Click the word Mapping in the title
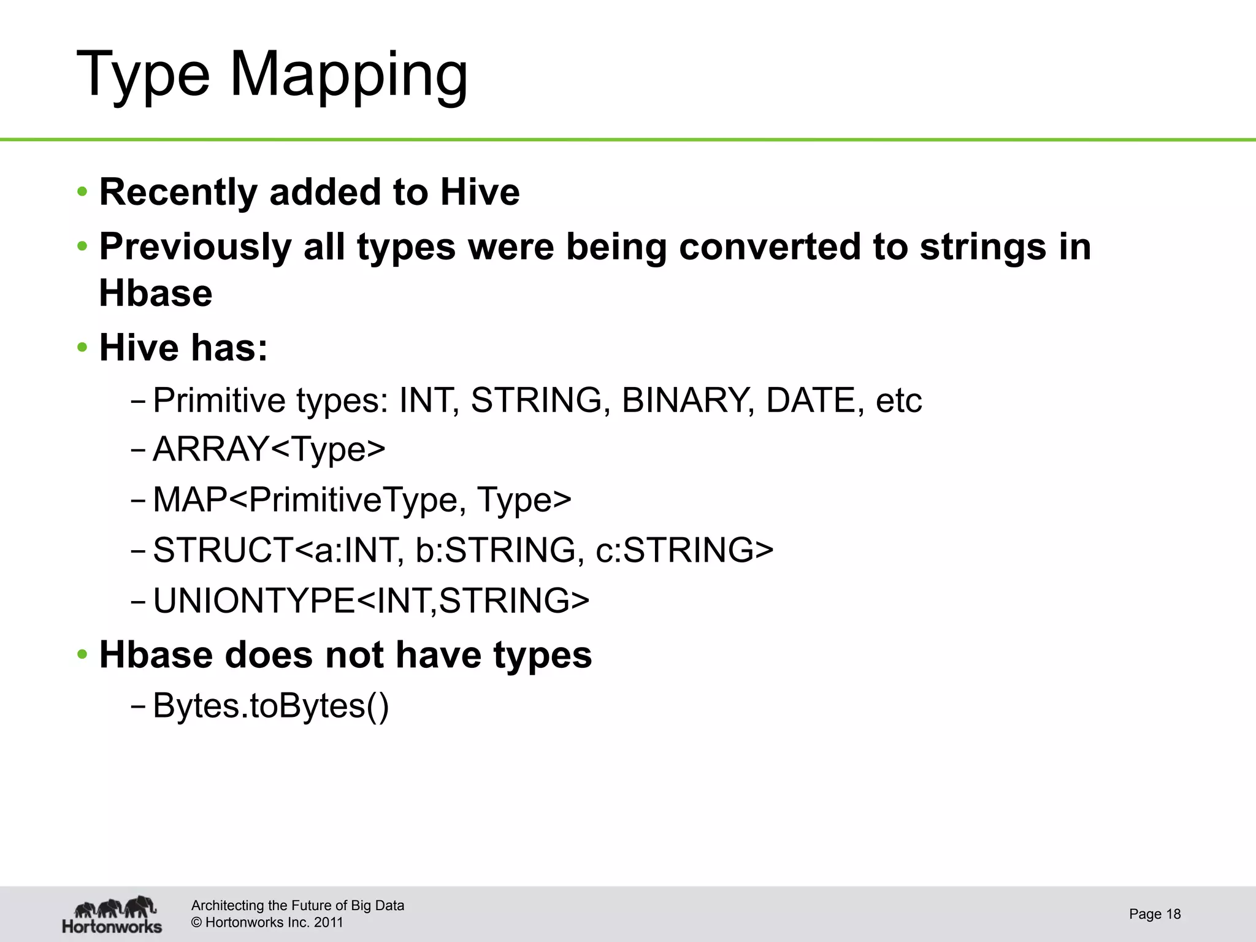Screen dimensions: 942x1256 point(348,75)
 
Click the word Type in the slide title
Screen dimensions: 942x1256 point(143,75)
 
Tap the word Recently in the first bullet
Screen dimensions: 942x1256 point(178,192)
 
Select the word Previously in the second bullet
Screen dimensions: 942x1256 point(195,247)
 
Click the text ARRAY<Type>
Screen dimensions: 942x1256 point(269,449)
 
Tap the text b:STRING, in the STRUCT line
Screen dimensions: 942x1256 point(499,549)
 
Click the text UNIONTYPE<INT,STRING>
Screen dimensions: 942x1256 point(371,600)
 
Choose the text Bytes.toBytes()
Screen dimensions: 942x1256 point(270,706)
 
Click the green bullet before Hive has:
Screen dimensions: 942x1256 point(82,348)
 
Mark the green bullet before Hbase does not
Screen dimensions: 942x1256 point(82,656)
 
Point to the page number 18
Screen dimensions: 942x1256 point(1173,914)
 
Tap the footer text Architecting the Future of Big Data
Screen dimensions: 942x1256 point(297,906)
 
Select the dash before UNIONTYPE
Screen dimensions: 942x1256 point(137,601)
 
